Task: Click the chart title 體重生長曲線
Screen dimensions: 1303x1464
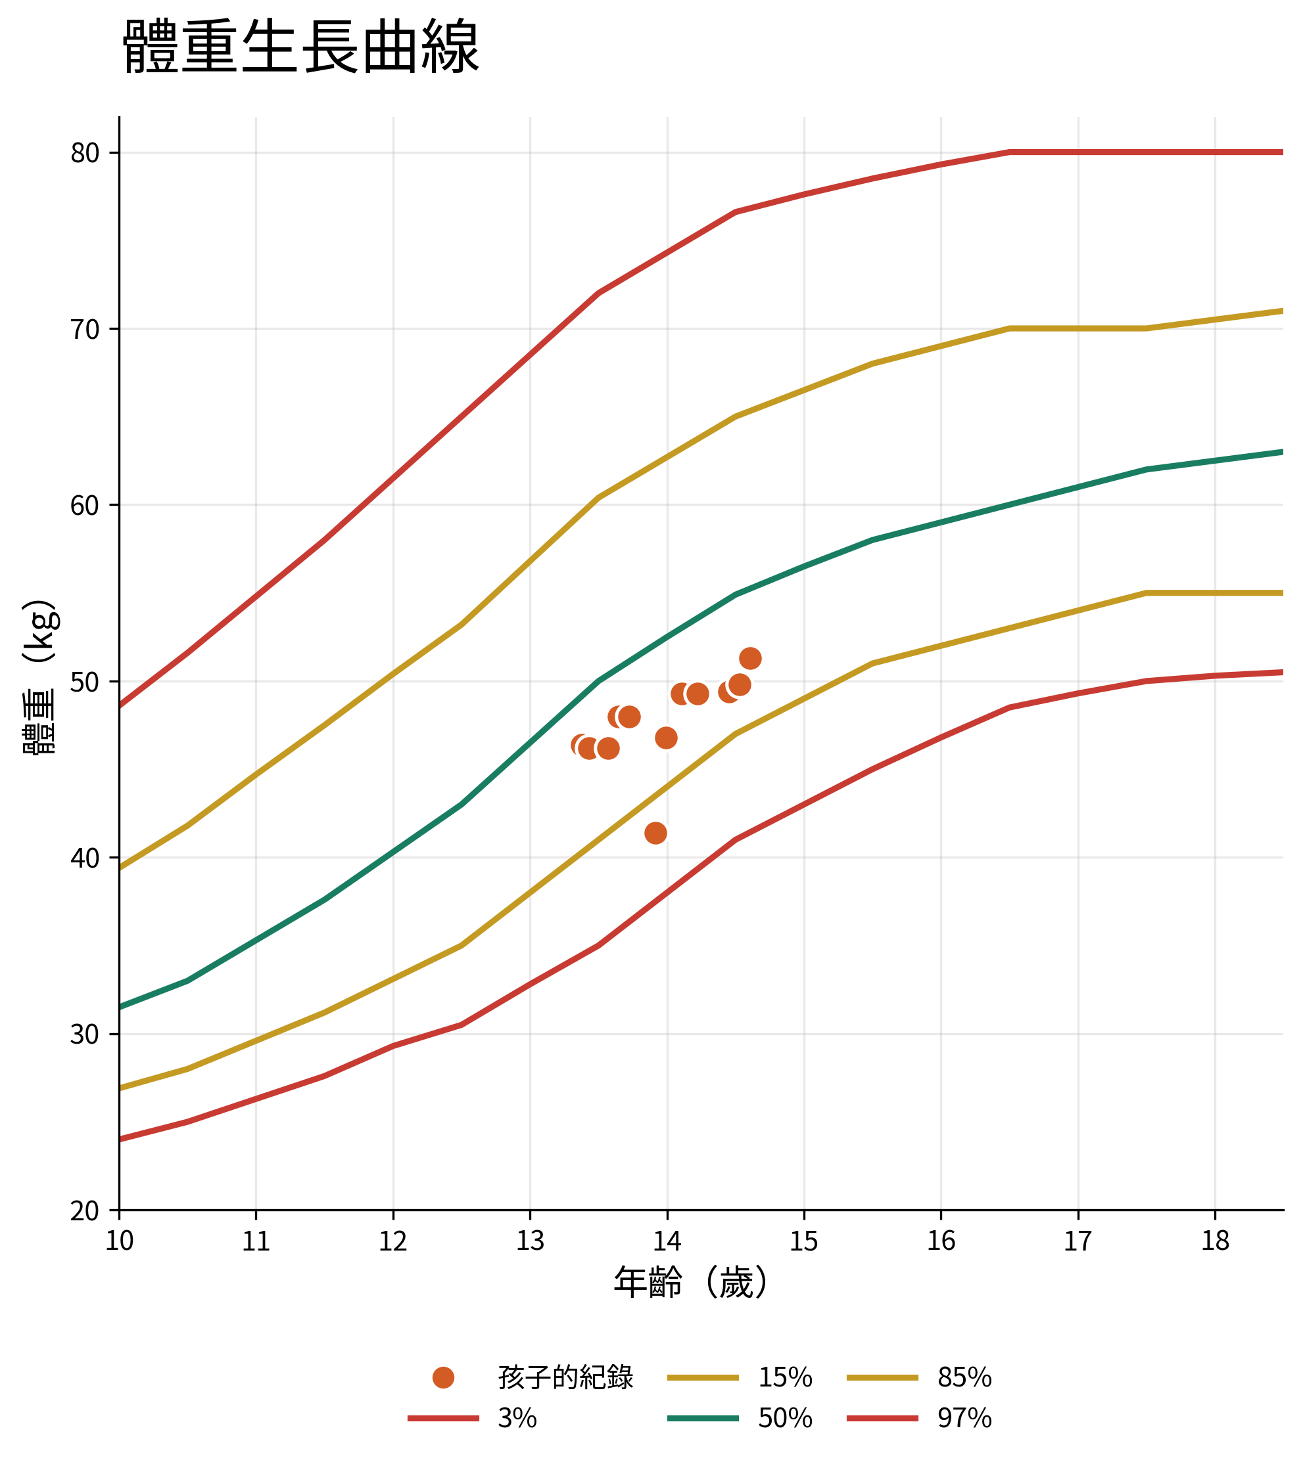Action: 301,48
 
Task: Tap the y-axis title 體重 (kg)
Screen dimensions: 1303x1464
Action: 39,677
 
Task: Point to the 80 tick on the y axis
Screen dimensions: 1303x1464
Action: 85,152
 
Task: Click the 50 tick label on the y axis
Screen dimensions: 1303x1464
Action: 85,681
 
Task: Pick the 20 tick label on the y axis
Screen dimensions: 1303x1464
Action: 85,1210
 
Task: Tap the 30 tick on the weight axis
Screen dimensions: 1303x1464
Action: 85,1034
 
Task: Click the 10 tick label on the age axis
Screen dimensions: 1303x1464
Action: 119,1241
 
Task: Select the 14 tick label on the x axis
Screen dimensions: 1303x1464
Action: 667,1241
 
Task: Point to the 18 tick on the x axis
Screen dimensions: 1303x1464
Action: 1215,1241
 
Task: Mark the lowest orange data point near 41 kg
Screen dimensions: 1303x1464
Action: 656,833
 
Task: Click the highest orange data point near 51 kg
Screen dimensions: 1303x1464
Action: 750,658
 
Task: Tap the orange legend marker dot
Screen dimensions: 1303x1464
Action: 444,1377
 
